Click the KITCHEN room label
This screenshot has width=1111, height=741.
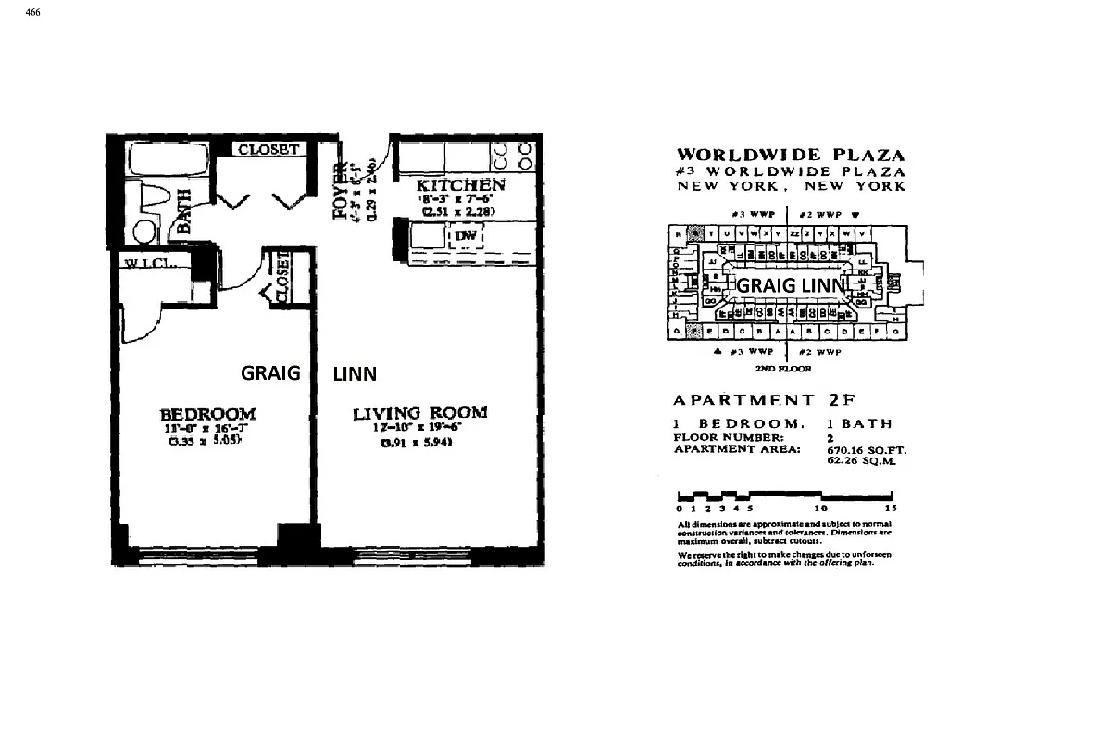pos(460,185)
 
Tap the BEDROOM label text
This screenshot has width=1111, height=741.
pos(207,414)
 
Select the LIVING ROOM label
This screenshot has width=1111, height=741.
pos(419,413)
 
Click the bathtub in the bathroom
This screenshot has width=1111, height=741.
pos(157,160)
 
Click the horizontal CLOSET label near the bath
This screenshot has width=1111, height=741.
pos(268,149)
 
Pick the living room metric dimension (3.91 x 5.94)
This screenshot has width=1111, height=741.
pos(419,443)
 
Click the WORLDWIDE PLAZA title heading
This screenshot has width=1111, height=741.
pos(791,156)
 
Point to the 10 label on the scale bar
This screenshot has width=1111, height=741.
pos(819,509)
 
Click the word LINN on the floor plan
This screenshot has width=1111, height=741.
pos(355,373)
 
